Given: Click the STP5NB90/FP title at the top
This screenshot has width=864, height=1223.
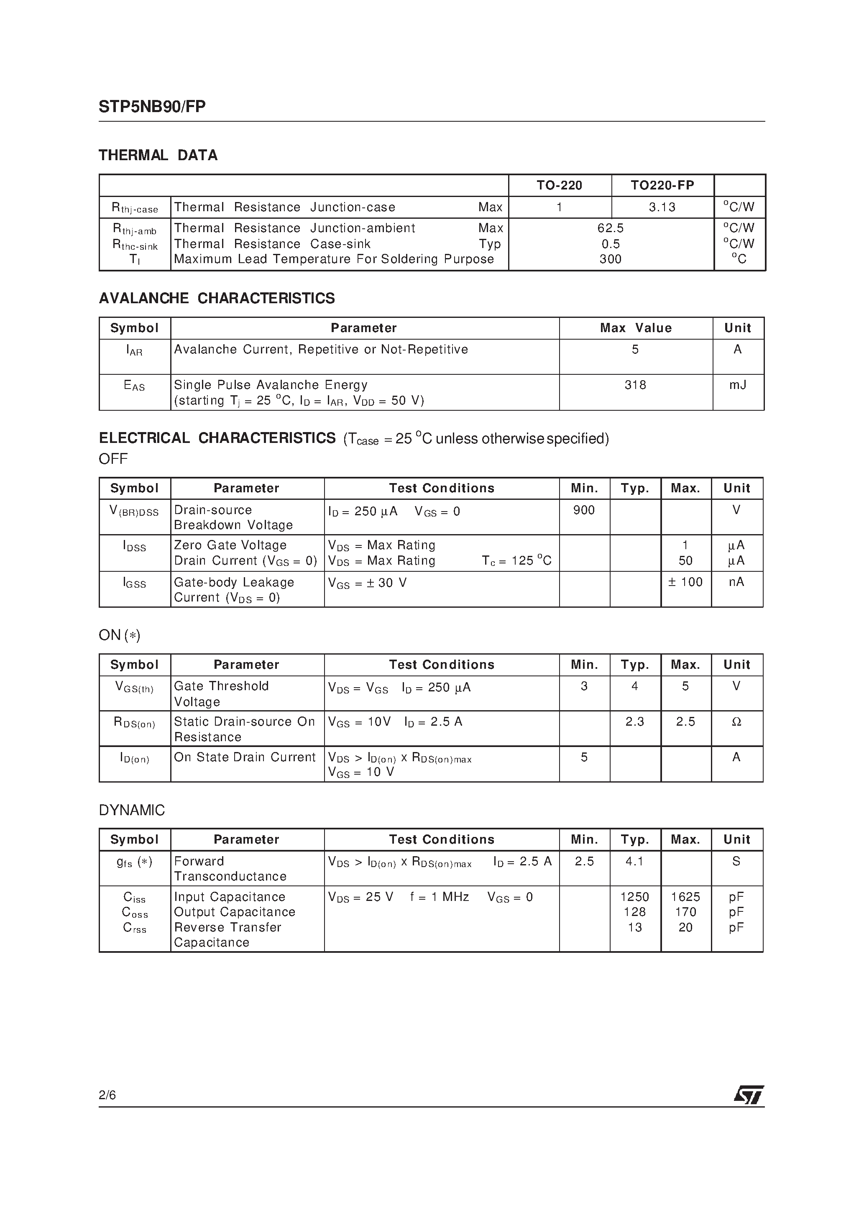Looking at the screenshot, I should pyautogui.click(x=152, y=107).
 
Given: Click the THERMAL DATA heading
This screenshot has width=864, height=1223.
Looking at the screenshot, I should pyautogui.click(x=158, y=156).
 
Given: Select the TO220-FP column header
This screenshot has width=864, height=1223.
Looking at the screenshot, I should pyautogui.click(x=662, y=185).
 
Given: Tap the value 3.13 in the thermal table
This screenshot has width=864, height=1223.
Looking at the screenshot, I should pyautogui.click(x=662, y=207).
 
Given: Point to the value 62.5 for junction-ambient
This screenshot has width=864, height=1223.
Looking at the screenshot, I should pyautogui.click(x=611, y=228).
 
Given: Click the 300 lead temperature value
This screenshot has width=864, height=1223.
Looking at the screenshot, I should pyautogui.click(x=611, y=259).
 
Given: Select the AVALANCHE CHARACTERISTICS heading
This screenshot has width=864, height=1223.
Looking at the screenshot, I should pyautogui.click(x=217, y=298).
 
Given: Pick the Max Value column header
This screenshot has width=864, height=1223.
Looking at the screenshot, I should pyautogui.click(x=636, y=328).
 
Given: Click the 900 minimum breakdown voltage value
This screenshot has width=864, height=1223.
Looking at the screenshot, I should pyautogui.click(x=584, y=510).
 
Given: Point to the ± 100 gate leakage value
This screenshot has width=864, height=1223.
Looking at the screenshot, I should pyautogui.click(x=685, y=582).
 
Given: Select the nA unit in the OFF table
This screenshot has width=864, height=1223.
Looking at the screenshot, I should pyautogui.click(x=737, y=582).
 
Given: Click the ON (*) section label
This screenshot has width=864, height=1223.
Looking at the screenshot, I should pyautogui.click(x=119, y=635).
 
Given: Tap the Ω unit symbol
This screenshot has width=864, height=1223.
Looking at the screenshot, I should pyautogui.click(x=737, y=722).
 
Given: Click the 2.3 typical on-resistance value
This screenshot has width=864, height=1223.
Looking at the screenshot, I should pyautogui.click(x=634, y=722).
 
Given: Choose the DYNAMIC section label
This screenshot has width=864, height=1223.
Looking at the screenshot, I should pyautogui.click(x=132, y=810).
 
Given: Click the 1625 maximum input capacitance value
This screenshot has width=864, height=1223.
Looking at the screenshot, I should pyautogui.click(x=685, y=897).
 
